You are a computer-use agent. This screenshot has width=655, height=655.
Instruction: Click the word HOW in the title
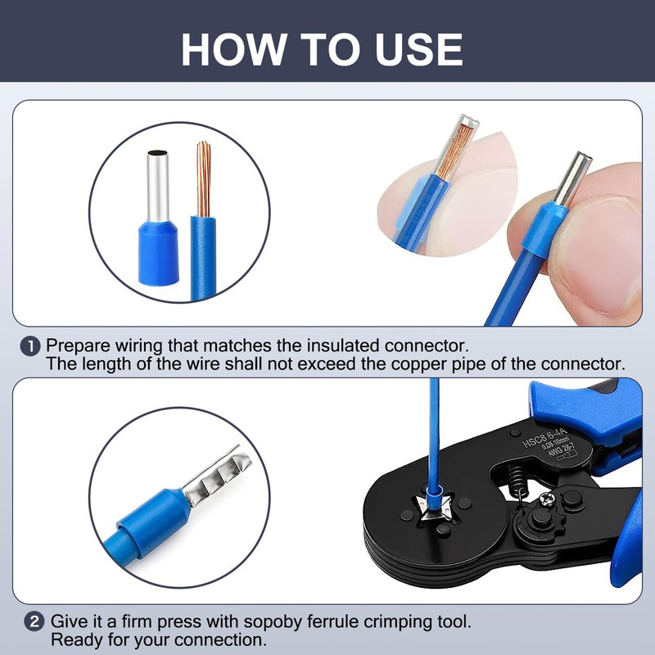coord(233,49)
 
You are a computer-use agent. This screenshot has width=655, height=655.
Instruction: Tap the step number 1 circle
coord(30,346)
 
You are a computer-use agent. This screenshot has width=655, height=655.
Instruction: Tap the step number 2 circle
coord(34,621)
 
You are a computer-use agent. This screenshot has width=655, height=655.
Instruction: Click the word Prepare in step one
coord(78,346)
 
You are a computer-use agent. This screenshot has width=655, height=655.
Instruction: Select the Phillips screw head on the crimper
coord(546,499)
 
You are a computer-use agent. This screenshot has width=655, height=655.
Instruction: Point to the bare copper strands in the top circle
coord(203,179)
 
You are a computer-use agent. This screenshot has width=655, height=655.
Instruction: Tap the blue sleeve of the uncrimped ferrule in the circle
coord(158,254)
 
